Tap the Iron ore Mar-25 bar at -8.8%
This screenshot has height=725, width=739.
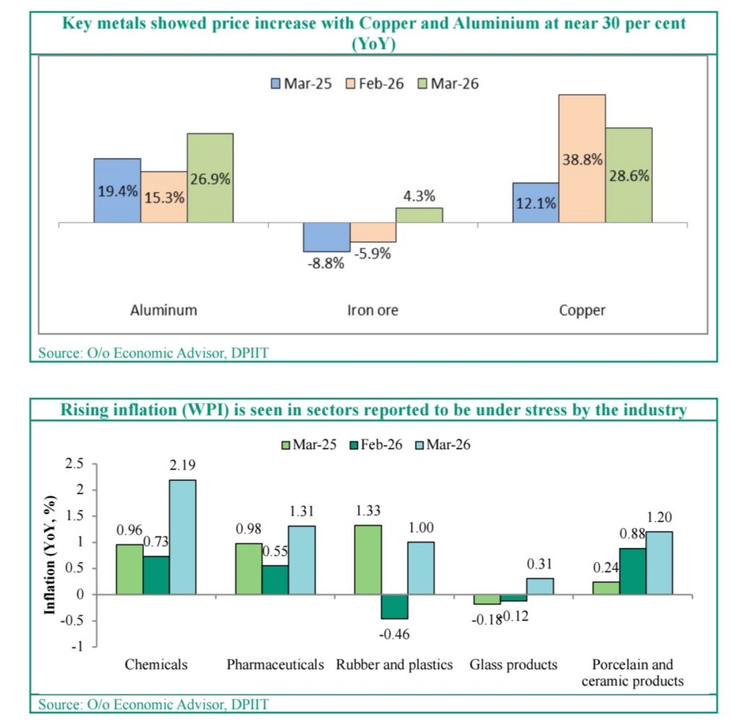(326, 237)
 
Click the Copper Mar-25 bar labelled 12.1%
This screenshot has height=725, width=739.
(535, 203)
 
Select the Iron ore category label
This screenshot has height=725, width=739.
(372, 311)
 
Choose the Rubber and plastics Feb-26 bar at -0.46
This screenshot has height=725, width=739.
(395, 607)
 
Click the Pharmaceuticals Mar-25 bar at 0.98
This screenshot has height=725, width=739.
(250, 568)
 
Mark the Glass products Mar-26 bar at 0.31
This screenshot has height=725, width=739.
(539, 586)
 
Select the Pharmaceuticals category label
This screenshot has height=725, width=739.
(275, 664)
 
